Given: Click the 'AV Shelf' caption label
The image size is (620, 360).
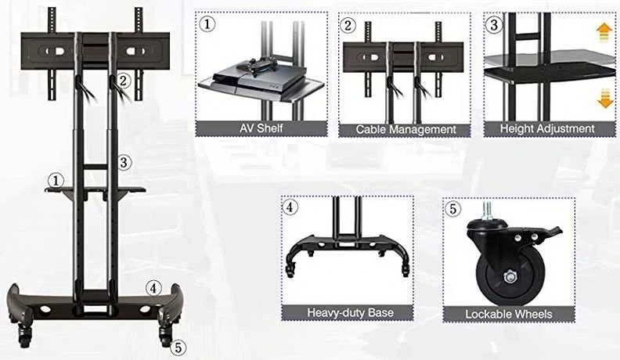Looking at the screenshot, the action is [261, 128].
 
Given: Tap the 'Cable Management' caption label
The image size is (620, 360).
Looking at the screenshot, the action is [406, 130].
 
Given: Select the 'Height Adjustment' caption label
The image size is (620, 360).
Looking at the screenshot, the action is [547, 129].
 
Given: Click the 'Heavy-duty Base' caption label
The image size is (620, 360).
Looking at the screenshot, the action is [351, 312].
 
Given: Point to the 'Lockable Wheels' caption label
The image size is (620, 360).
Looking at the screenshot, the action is [509, 314].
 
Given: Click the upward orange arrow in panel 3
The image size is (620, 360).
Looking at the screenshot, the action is [604, 32].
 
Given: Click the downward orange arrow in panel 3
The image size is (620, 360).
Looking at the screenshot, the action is [605, 99].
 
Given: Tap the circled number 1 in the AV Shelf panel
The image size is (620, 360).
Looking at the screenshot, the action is [207, 24].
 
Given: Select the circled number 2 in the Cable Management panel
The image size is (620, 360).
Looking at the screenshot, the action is [348, 25].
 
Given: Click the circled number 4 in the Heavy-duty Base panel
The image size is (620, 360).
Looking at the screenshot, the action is [290, 207].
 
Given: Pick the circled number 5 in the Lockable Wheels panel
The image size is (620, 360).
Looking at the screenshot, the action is [452, 208].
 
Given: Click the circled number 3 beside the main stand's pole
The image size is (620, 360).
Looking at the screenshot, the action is [124, 162].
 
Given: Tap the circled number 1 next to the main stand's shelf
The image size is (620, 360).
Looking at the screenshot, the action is [56, 181].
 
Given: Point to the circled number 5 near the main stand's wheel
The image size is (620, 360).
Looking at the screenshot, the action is [178, 347].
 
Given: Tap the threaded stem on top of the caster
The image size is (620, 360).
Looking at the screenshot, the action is [487, 210].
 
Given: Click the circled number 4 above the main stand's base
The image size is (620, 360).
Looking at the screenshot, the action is [153, 288].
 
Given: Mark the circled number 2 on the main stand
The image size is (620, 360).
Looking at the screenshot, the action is [124, 81].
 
